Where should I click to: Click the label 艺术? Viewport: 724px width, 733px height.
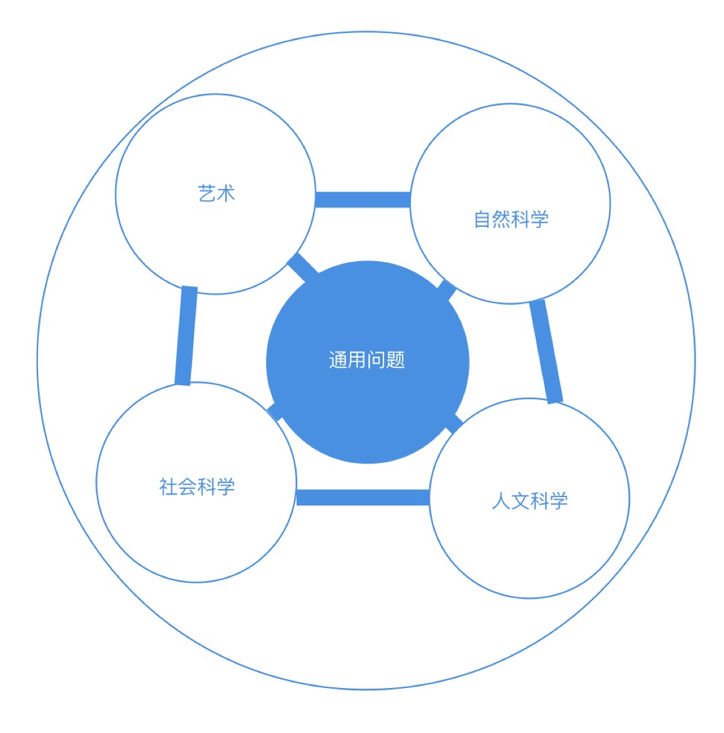click(x=216, y=193)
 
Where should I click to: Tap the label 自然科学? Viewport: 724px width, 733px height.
click(x=511, y=219)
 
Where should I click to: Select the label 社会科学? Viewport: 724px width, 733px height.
click(x=197, y=487)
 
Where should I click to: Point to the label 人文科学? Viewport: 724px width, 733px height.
click(x=529, y=501)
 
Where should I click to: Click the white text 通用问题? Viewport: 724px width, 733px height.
click(x=367, y=360)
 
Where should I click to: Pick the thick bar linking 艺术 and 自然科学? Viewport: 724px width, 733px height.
click(x=363, y=200)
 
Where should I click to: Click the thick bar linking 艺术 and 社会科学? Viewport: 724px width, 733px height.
click(x=186, y=335)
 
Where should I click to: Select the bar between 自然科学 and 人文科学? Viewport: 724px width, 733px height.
click(x=546, y=350)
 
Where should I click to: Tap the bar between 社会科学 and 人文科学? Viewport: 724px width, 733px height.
click(x=363, y=497)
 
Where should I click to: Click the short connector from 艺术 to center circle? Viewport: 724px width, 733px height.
click(x=303, y=267)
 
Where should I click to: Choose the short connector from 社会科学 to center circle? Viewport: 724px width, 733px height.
click(x=276, y=411)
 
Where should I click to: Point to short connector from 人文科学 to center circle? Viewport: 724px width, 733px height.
click(x=454, y=424)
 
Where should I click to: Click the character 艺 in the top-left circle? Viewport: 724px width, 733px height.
click(x=207, y=193)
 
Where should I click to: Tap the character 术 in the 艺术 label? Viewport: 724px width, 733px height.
click(x=226, y=193)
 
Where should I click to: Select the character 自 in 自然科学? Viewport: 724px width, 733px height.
click(x=483, y=219)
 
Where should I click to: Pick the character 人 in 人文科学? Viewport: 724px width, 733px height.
click(x=501, y=501)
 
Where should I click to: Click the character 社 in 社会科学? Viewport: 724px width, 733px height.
click(x=168, y=487)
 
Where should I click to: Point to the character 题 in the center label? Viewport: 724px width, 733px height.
click(x=396, y=360)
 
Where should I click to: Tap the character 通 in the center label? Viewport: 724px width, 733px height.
click(x=339, y=360)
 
